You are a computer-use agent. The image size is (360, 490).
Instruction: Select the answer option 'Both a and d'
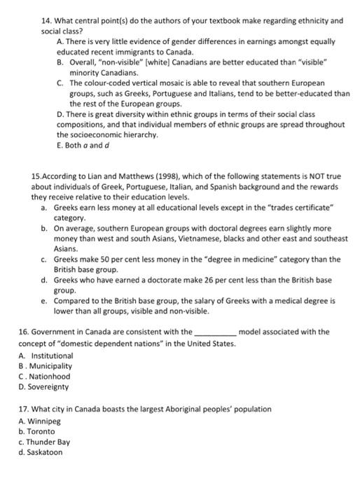tap(84, 145)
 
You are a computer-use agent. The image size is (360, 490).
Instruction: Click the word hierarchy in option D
tap(138, 134)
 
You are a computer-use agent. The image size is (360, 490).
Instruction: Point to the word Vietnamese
tap(204, 239)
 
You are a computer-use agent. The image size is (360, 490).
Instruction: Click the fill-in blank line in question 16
tap(214, 332)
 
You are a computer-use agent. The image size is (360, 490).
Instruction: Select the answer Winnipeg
tap(48, 421)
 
